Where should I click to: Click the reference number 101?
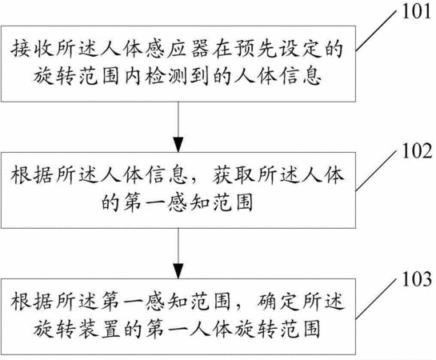coord(416,12)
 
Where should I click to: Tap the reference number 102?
coord(417,151)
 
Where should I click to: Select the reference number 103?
coord(417,279)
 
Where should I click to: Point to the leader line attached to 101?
coord(375,31)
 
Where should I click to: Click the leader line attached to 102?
coord(375,170)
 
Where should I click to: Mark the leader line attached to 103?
coord(375,298)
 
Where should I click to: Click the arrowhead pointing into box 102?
coord(178,145)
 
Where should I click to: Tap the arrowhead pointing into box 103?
coord(178,270)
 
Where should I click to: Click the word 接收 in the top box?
coord(32,50)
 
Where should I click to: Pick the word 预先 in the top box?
coord(255,50)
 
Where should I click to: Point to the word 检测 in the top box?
coord(166,76)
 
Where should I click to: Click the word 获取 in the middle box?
coord(233,175)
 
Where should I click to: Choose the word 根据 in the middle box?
coord(32,175)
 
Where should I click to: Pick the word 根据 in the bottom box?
coord(32,302)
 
